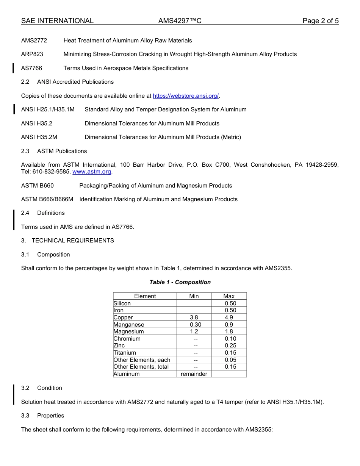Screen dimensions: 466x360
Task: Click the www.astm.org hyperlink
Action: (92, 172)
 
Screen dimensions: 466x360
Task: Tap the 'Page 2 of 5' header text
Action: (320, 21)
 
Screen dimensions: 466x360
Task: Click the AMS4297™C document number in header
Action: (180, 21)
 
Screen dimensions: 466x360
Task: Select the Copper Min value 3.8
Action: (194, 317)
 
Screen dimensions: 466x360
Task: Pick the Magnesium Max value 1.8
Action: (229, 332)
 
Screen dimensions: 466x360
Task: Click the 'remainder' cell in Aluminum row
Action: (194, 374)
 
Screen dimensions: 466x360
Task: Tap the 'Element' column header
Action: (145, 296)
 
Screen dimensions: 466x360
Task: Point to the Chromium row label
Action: (127, 339)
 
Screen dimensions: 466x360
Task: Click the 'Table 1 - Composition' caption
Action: (180, 282)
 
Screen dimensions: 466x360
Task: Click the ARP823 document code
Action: (32, 54)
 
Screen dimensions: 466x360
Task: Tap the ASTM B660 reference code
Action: (38, 186)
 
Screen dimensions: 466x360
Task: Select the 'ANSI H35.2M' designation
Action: (39, 137)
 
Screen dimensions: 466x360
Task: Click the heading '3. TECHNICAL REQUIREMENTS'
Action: (67, 241)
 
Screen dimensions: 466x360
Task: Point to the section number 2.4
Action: (25, 213)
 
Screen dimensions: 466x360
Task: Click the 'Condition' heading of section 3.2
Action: (49, 388)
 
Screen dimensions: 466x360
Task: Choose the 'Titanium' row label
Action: (125, 353)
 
